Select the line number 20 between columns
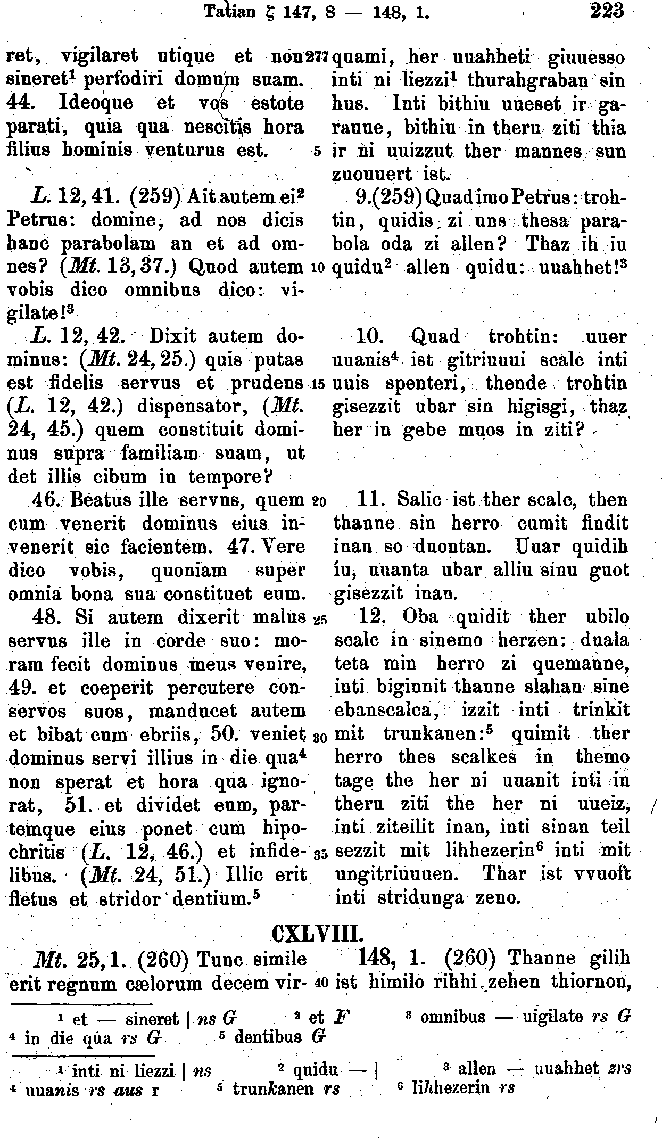318,501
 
